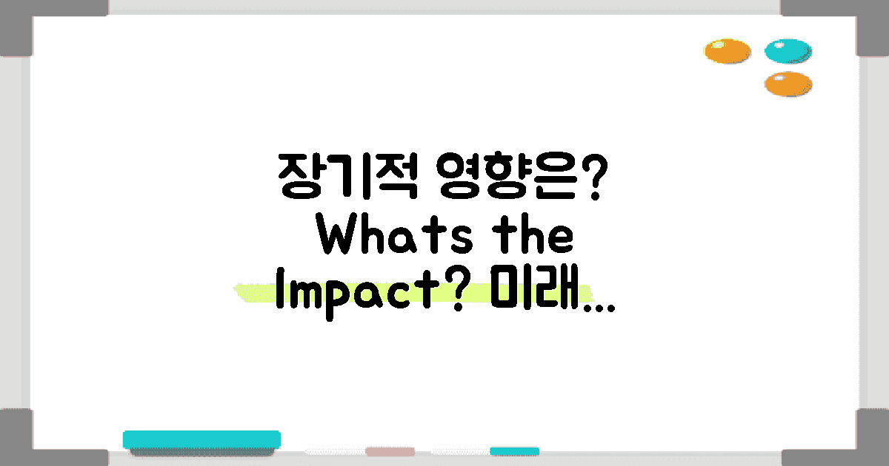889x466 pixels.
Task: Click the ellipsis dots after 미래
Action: click(x=597, y=307)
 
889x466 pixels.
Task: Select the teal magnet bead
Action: click(x=788, y=51)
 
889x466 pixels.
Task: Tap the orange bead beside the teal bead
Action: click(x=727, y=51)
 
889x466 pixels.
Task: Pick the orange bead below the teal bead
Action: click(x=788, y=84)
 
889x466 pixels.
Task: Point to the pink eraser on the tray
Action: click(x=390, y=451)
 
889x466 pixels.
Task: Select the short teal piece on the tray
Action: click(x=514, y=450)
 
